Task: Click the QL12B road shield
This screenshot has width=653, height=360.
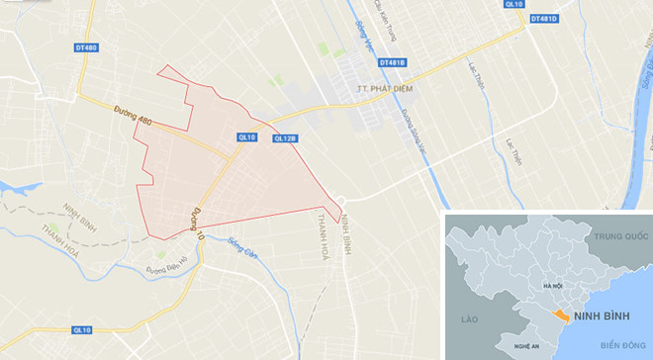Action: pyautogui.click(x=284, y=138)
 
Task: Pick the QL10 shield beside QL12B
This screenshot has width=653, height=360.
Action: pyautogui.click(x=247, y=137)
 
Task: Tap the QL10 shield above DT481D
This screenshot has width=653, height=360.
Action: pyautogui.click(x=513, y=5)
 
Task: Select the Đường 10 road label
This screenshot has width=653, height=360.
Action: pyautogui.click(x=197, y=226)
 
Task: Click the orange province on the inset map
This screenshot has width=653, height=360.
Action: pyautogui.click(x=561, y=315)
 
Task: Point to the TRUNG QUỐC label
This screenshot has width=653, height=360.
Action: pyautogui.click(x=620, y=237)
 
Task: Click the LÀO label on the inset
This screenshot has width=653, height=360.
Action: pyautogui.click(x=468, y=319)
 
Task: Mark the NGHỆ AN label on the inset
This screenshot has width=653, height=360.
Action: pyautogui.click(x=526, y=346)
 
